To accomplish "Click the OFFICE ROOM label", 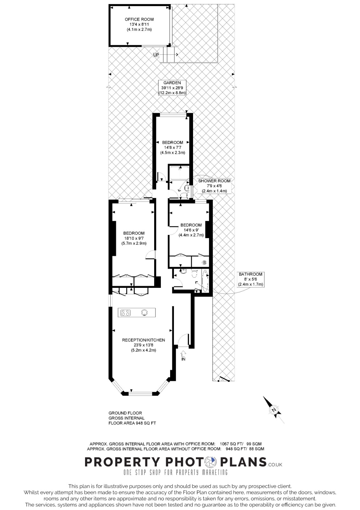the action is pos(139,19).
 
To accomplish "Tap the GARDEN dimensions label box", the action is pos(172,88).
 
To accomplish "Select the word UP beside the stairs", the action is pos(156,55).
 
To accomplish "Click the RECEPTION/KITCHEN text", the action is pos(143,340).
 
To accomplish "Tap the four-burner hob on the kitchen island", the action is pos(126,313).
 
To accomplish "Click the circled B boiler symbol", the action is pos(204,263).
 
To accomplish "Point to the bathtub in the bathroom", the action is pos(205,281).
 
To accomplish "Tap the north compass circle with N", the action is pos(274,410).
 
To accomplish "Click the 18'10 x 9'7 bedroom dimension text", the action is pos(134,238).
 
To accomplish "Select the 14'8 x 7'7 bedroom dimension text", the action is pos(172,148).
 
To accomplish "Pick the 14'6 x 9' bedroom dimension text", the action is pos(191,230).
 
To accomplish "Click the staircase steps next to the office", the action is pos(169,54).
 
